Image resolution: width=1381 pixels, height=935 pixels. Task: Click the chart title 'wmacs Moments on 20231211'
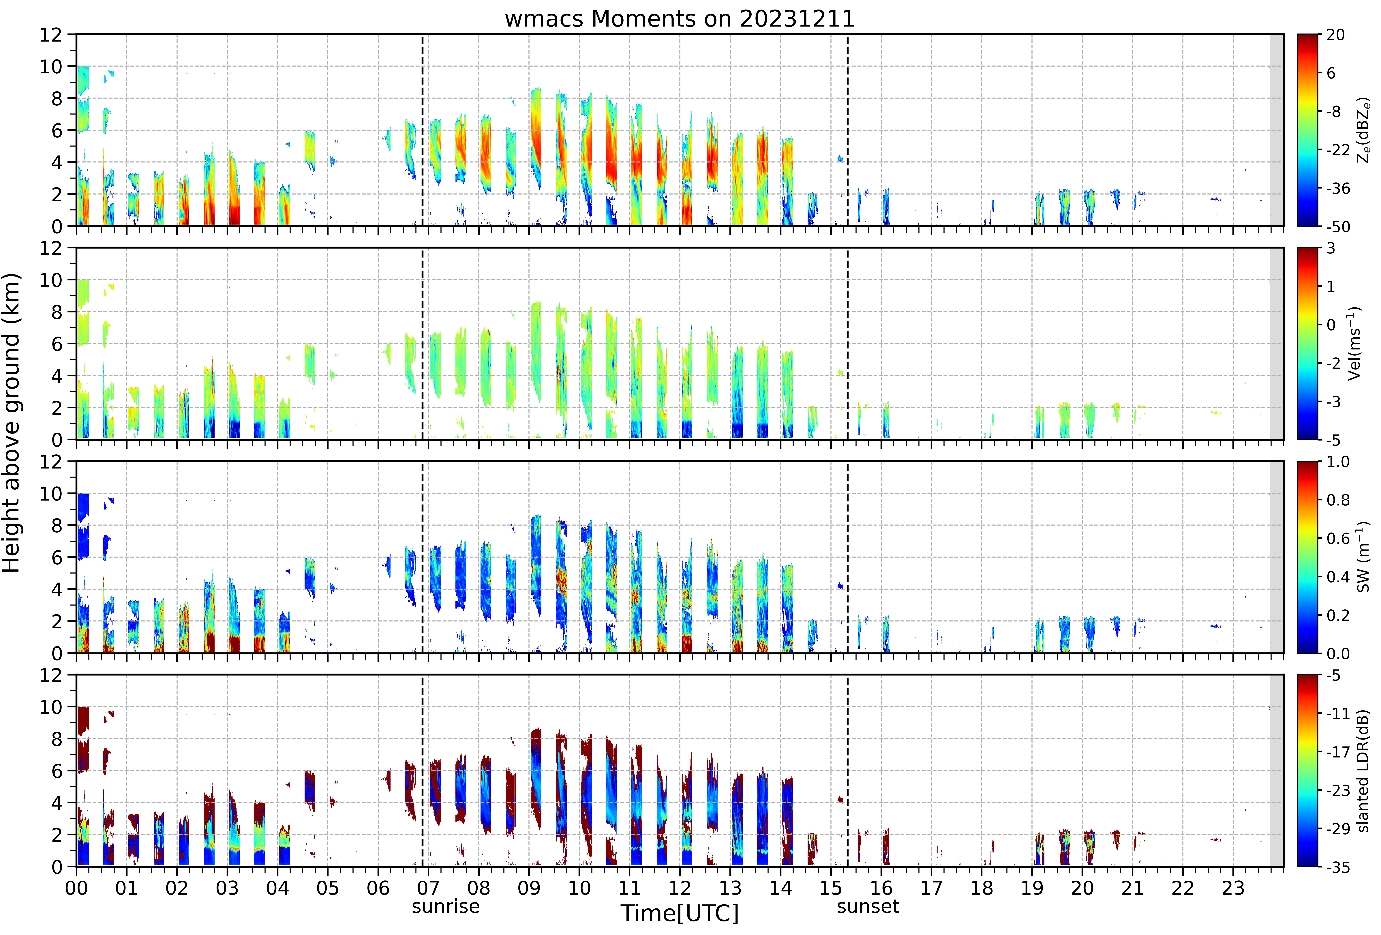[x=679, y=19]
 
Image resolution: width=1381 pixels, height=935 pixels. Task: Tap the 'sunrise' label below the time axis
[x=446, y=906]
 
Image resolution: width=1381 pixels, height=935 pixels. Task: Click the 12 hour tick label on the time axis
[x=680, y=888]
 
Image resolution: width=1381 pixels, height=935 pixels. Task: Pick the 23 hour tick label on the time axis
[x=1233, y=888]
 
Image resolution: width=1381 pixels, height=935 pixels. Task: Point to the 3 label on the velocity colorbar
[x=1331, y=249]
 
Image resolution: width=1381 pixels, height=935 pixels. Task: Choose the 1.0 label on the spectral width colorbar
[x=1338, y=462]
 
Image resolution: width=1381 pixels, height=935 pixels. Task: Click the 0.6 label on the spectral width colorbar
[x=1338, y=539]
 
